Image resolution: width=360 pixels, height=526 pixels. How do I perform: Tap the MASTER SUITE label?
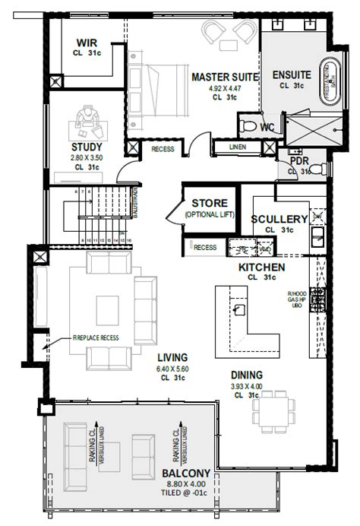222,77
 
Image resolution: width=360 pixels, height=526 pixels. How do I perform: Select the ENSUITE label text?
291,75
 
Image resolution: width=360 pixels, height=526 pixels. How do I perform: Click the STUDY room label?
87,146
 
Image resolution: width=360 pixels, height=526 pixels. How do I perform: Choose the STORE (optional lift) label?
209,203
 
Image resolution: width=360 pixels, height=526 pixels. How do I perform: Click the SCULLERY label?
279,219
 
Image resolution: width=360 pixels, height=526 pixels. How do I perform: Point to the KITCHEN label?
262,268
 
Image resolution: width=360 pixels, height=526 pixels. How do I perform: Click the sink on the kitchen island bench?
239,309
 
